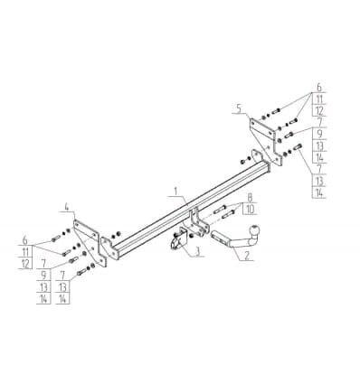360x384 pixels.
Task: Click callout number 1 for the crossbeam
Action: (176, 192)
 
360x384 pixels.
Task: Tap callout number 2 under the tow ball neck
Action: (247, 256)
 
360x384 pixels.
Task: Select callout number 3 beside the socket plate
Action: (197, 252)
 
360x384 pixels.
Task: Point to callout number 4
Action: (67, 207)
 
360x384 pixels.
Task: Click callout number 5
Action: (239, 108)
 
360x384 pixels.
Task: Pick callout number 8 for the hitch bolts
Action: (250, 198)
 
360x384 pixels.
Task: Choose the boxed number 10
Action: (250, 210)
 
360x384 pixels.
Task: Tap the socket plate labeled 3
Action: (178, 240)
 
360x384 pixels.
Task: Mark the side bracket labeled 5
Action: (266, 140)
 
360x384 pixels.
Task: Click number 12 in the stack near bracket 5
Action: (319, 111)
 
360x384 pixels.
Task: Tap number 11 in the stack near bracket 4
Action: (26, 251)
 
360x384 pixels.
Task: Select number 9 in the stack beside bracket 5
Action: (319, 134)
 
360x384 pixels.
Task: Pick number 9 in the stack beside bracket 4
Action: (44, 275)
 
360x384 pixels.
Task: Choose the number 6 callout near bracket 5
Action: (319, 88)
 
